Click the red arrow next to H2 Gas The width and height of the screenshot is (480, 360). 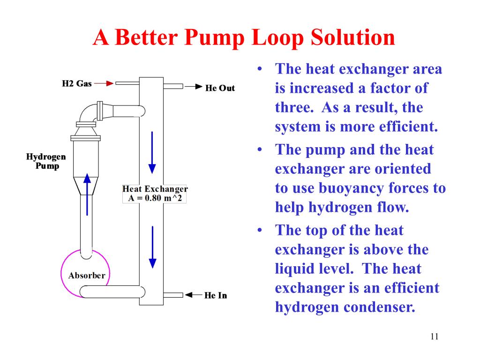click(104, 84)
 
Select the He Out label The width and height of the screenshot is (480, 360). click(220, 88)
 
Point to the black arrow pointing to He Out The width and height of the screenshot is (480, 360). click(193, 87)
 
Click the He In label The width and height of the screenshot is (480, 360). click(216, 295)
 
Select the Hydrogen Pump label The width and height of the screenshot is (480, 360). click(46, 161)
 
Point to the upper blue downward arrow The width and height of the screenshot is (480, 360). click(152, 152)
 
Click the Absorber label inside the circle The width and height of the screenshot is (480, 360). click(87, 275)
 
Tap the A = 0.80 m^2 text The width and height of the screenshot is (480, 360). click(155, 198)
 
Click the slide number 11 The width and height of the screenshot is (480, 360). click(434, 337)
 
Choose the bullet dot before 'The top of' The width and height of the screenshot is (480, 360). click(260, 231)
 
